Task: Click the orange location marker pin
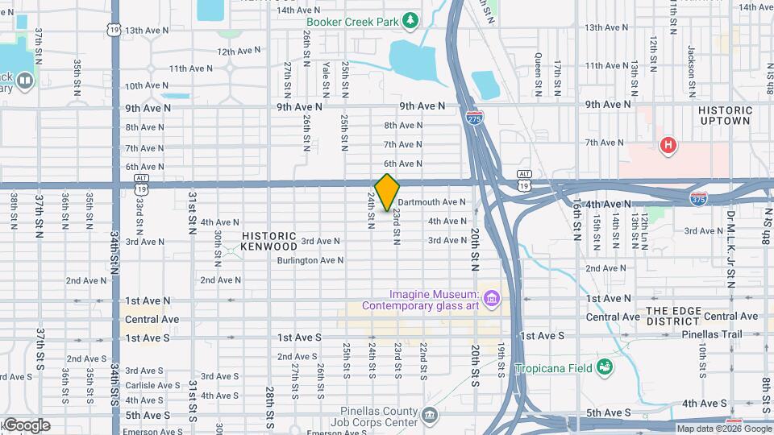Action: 387,192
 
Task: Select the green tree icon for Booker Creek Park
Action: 411,19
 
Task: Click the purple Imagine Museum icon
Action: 492,300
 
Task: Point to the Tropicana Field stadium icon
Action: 604,368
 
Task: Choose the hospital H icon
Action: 668,145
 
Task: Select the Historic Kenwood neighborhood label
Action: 269,241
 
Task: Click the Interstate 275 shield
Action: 475,118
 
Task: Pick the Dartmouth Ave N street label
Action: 431,202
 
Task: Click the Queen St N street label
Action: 537,70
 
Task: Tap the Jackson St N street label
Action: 692,60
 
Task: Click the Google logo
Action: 26,425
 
